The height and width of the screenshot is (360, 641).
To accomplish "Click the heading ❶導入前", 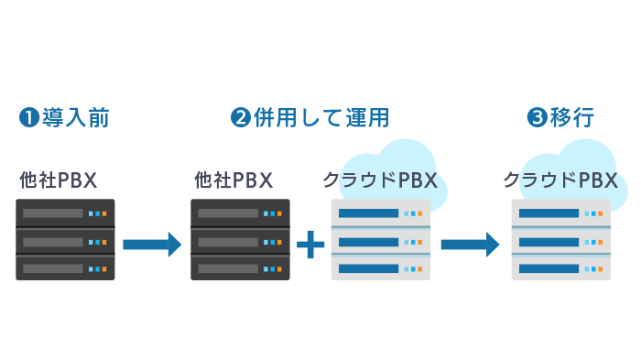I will point(64,117).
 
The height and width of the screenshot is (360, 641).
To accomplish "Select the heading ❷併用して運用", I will point(310,117).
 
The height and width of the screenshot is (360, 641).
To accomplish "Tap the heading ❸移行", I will point(561,117).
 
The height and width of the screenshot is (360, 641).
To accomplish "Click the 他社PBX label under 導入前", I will point(59,180).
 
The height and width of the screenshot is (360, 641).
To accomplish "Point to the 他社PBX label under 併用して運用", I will point(234,180).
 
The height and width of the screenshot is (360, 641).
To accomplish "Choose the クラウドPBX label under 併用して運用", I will point(379,180).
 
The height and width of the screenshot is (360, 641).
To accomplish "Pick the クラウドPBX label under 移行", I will point(560,180).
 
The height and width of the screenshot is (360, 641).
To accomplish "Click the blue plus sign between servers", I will point(311,243).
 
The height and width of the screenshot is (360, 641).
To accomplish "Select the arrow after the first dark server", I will point(152,244).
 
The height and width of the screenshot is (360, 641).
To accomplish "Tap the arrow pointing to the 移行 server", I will point(470,244).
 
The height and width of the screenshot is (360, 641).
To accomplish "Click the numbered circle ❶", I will point(28,117).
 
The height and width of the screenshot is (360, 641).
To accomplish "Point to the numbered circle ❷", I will point(241,117).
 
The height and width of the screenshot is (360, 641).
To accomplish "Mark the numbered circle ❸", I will point(538,117).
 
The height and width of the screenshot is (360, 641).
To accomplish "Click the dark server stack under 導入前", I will point(65,240).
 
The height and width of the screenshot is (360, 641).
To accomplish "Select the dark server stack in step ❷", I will point(241,240).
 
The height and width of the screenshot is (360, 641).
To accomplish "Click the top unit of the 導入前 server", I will point(65,213).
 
